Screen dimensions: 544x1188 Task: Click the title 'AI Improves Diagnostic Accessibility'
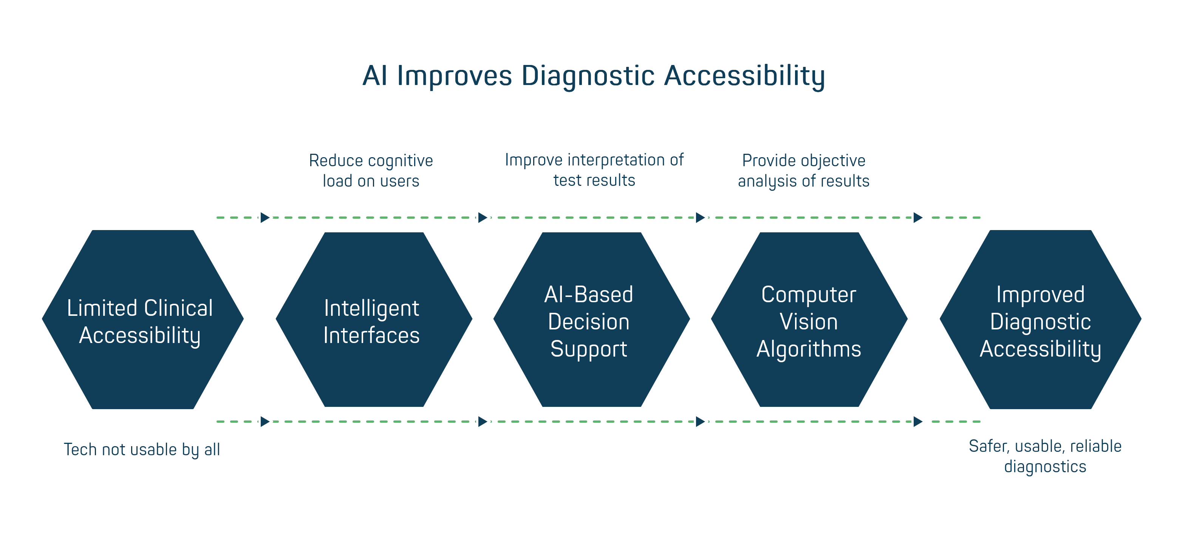594,76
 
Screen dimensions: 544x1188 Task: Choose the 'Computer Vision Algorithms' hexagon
809,320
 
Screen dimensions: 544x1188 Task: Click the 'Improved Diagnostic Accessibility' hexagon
1040,320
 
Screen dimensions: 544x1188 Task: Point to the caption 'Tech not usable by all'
142,449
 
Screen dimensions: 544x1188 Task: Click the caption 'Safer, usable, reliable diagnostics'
1045,456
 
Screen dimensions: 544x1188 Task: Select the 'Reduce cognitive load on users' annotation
372,171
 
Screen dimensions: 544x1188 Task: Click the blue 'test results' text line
594,180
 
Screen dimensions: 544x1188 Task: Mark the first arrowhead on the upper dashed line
265,217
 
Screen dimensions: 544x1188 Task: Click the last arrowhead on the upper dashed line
918,217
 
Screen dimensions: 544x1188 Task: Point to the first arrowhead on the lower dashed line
265,421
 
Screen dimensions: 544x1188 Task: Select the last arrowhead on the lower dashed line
918,421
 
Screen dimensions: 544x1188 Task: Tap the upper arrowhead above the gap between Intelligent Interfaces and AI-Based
483,217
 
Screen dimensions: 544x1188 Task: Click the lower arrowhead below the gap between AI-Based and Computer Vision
701,421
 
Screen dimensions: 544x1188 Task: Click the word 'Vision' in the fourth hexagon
809,322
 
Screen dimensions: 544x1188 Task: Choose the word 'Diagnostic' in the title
588,76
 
